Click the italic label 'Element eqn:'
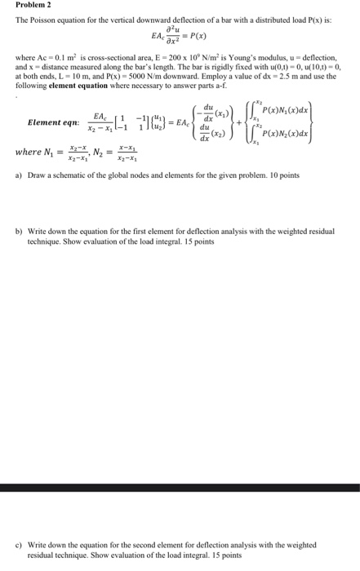[x=53, y=122]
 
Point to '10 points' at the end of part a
[x=283, y=175]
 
